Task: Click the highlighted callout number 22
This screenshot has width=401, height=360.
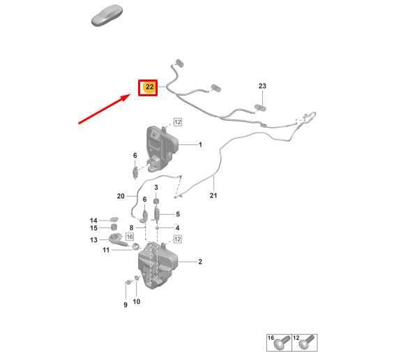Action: (149, 87)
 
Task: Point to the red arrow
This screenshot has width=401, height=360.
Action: (105, 109)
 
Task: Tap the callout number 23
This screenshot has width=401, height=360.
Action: (262, 86)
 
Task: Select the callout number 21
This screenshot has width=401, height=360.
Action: (213, 195)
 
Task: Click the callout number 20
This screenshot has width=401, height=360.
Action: (121, 196)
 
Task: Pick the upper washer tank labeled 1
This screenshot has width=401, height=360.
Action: (162, 149)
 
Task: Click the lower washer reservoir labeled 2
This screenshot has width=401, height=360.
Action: (157, 266)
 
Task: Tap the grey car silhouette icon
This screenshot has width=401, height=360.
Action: (107, 15)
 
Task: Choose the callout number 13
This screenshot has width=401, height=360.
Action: (93, 240)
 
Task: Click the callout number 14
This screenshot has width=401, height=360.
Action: (93, 220)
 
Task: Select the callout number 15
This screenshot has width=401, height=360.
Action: (93, 228)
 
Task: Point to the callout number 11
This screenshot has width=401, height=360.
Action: (106, 250)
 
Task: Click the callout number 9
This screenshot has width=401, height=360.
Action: (126, 305)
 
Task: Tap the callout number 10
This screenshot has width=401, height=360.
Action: (137, 301)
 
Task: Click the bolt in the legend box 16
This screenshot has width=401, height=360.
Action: (282, 343)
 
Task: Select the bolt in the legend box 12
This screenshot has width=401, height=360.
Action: (307, 343)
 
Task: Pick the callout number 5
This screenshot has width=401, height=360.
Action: (178, 214)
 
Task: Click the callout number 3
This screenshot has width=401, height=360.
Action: (156, 187)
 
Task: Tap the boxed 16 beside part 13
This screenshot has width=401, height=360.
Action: (130, 237)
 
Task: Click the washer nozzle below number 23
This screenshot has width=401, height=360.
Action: (260, 107)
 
